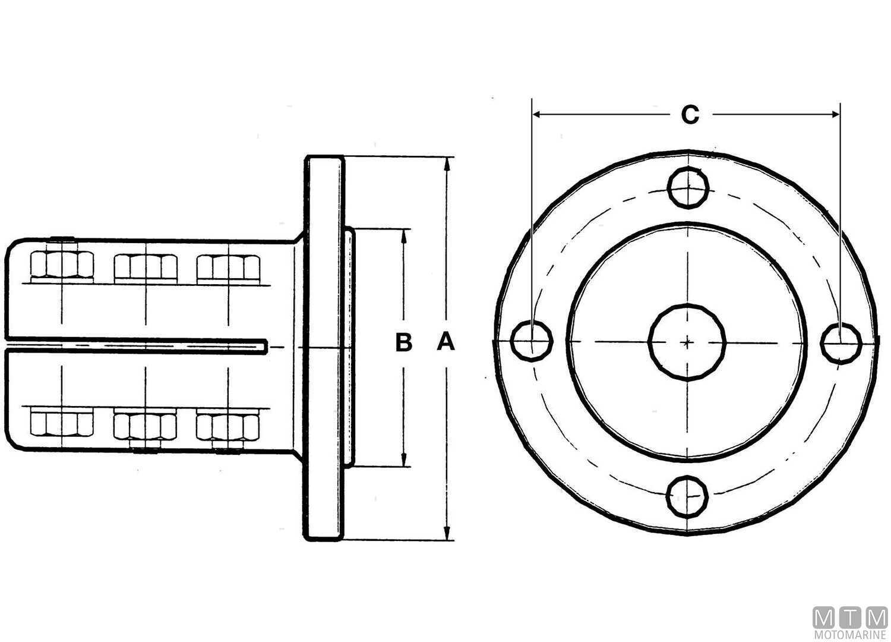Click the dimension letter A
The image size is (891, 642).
tap(445, 342)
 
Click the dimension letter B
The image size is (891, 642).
tap(404, 342)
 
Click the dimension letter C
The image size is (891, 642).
tap(690, 115)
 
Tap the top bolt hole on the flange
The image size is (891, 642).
tap(688, 187)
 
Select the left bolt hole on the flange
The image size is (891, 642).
tap(532, 341)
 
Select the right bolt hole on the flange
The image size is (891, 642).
tap(841, 342)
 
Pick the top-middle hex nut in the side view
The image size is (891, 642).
tap(146, 267)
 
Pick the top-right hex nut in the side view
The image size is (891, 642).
tap(228, 267)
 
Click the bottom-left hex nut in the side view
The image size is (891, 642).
tap(62, 423)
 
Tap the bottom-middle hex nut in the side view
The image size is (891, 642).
tap(146, 424)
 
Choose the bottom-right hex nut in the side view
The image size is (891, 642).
tap(228, 424)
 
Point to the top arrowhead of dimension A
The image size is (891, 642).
tap(448, 162)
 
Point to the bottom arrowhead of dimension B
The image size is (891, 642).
tap(404, 461)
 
